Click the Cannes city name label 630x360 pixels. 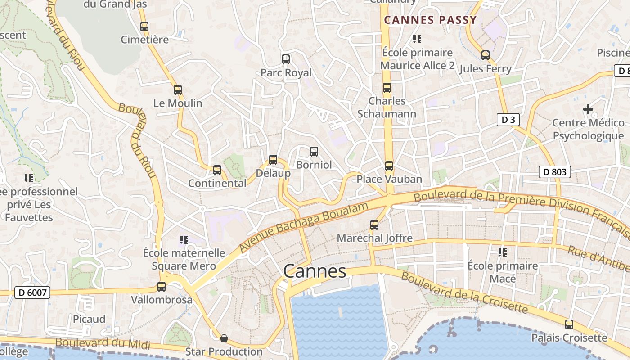click(x=315, y=271)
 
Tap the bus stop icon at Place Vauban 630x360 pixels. click(x=389, y=166)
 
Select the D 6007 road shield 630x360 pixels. click(x=32, y=292)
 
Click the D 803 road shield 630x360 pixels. click(x=555, y=171)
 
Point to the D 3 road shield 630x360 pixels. click(x=508, y=120)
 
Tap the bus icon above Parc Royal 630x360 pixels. click(x=285, y=59)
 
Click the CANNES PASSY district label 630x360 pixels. click(x=430, y=20)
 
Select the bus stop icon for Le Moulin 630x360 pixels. click(x=178, y=90)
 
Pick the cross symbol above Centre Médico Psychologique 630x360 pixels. click(x=588, y=109)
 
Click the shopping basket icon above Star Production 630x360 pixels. click(x=224, y=338)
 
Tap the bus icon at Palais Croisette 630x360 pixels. click(x=569, y=324)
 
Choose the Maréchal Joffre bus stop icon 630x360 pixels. click(x=374, y=225)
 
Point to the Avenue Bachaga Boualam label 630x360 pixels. click(x=304, y=227)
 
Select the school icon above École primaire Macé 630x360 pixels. click(x=503, y=252)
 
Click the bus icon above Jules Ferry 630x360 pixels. click(x=485, y=55)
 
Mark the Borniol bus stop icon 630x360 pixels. click(x=314, y=152)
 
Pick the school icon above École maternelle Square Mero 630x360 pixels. click(x=184, y=240)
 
